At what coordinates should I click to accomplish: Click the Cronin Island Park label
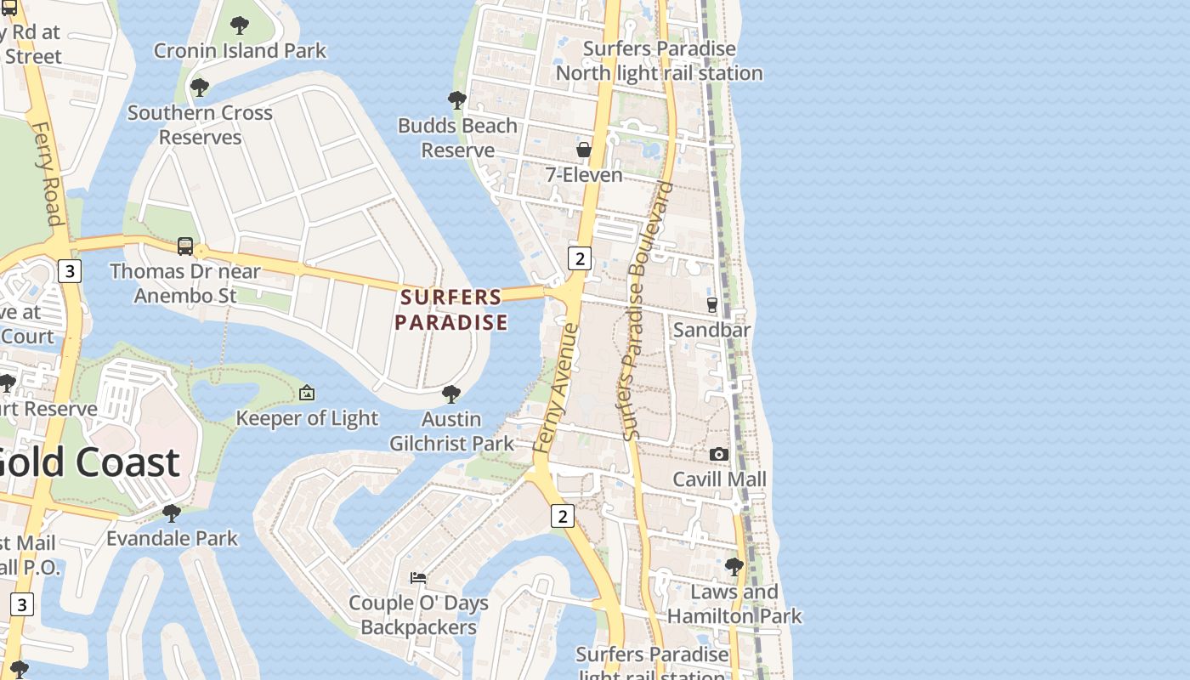pyautogui.click(x=240, y=50)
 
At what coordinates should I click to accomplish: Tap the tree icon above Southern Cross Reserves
pyautogui.click(x=200, y=88)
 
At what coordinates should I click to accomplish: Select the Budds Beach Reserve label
pyautogui.click(x=457, y=138)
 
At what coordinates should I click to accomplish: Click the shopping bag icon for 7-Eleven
pyautogui.click(x=584, y=150)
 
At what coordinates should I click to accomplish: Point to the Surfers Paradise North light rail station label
pyautogui.click(x=659, y=61)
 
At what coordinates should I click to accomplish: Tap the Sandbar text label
pyautogui.click(x=711, y=330)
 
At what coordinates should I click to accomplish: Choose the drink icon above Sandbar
pyautogui.click(x=712, y=305)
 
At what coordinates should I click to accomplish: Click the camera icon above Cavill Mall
pyautogui.click(x=719, y=455)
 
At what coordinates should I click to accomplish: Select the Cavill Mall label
pyautogui.click(x=719, y=479)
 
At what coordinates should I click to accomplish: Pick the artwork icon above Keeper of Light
pyautogui.click(x=307, y=394)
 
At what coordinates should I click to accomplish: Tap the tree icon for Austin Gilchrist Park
pyautogui.click(x=451, y=394)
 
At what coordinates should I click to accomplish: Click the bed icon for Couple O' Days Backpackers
pyautogui.click(x=418, y=578)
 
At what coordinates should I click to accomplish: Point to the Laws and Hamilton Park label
pyautogui.click(x=734, y=604)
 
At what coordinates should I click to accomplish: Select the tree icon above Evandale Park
pyautogui.click(x=172, y=513)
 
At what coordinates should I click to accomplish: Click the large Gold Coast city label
pyautogui.click(x=89, y=462)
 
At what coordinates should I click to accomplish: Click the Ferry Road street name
pyautogui.click(x=48, y=173)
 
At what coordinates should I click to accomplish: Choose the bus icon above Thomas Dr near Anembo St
pyautogui.click(x=185, y=246)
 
